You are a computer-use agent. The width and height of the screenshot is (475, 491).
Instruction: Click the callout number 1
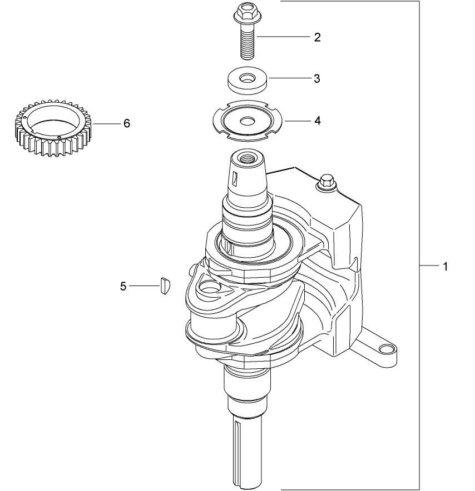(x=445, y=266)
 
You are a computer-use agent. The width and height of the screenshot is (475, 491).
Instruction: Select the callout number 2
(x=317, y=37)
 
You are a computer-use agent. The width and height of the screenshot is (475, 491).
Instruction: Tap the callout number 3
(x=316, y=78)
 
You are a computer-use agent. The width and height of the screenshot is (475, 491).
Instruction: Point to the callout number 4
(x=317, y=120)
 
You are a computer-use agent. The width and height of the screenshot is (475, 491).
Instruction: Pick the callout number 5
(x=123, y=286)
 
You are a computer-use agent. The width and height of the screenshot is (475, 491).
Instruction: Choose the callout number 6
(x=127, y=123)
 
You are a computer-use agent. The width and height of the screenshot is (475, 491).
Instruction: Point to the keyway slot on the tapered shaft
(x=235, y=179)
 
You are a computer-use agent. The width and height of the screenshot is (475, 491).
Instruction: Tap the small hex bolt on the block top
(x=325, y=182)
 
